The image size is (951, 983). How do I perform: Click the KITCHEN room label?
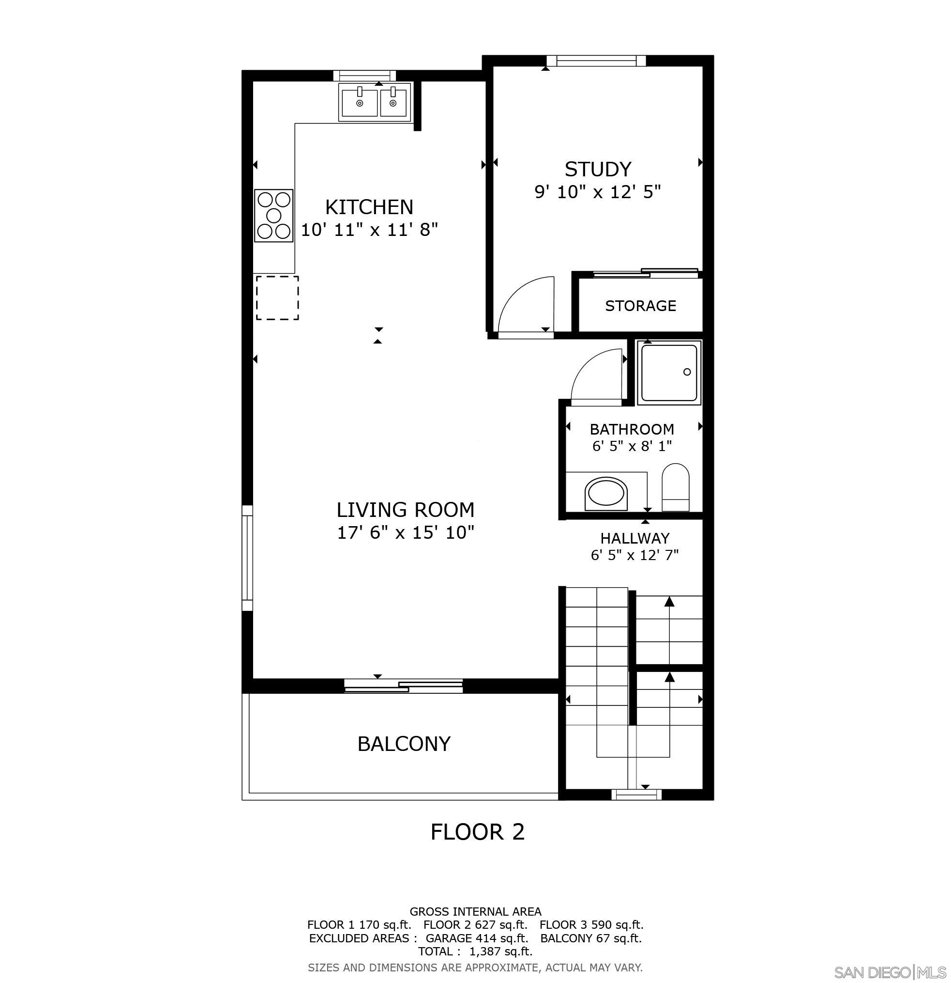(369, 207)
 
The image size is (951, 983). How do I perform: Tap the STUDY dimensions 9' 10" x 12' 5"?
(597, 192)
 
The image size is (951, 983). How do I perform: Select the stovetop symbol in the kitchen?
(273, 216)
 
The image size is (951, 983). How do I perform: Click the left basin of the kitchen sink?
(359, 103)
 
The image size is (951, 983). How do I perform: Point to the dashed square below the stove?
(278, 298)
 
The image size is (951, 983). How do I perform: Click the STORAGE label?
(640, 306)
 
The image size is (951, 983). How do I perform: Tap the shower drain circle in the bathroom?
(687, 372)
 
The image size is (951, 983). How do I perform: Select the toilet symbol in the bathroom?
(676, 487)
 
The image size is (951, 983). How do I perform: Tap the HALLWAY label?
(635, 538)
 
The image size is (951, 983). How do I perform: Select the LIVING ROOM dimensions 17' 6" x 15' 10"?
(405, 532)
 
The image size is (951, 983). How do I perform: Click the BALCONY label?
(404, 743)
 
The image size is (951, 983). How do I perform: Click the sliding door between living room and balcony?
(404, 686)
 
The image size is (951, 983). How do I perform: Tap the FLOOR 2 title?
(477, 831)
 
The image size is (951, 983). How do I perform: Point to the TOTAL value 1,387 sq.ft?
(500, 952)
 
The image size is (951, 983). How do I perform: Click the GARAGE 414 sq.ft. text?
(477, 938)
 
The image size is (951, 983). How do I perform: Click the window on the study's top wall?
(596, 61)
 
